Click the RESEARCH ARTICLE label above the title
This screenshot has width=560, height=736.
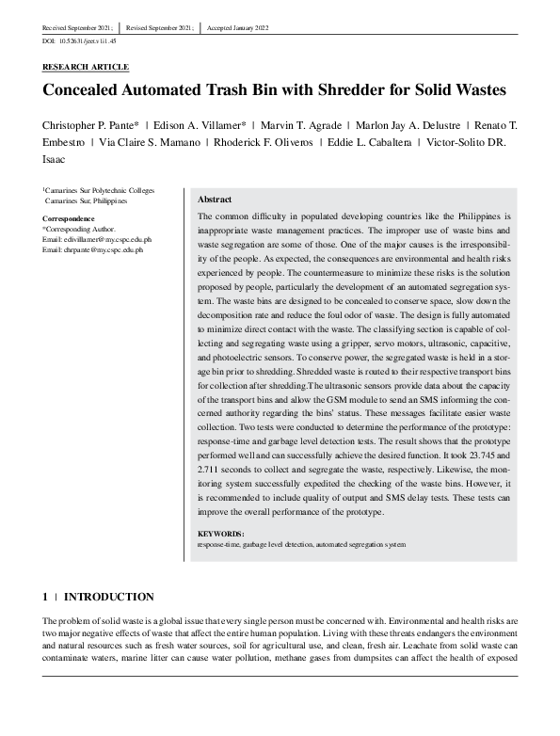86,68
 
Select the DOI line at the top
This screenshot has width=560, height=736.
79,42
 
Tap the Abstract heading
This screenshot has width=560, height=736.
216,200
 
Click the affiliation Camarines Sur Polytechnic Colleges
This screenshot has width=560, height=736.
101,191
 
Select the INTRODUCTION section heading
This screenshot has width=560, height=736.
107,597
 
